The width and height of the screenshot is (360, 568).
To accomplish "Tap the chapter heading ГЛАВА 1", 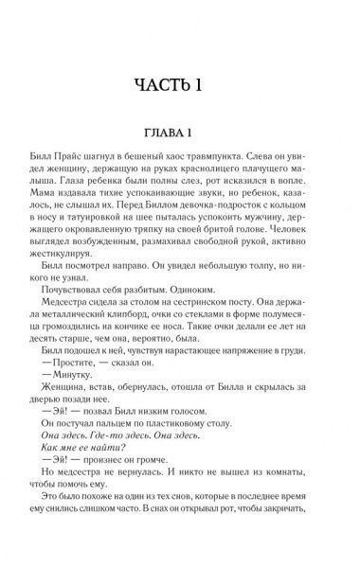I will click(x=180, y=132).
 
